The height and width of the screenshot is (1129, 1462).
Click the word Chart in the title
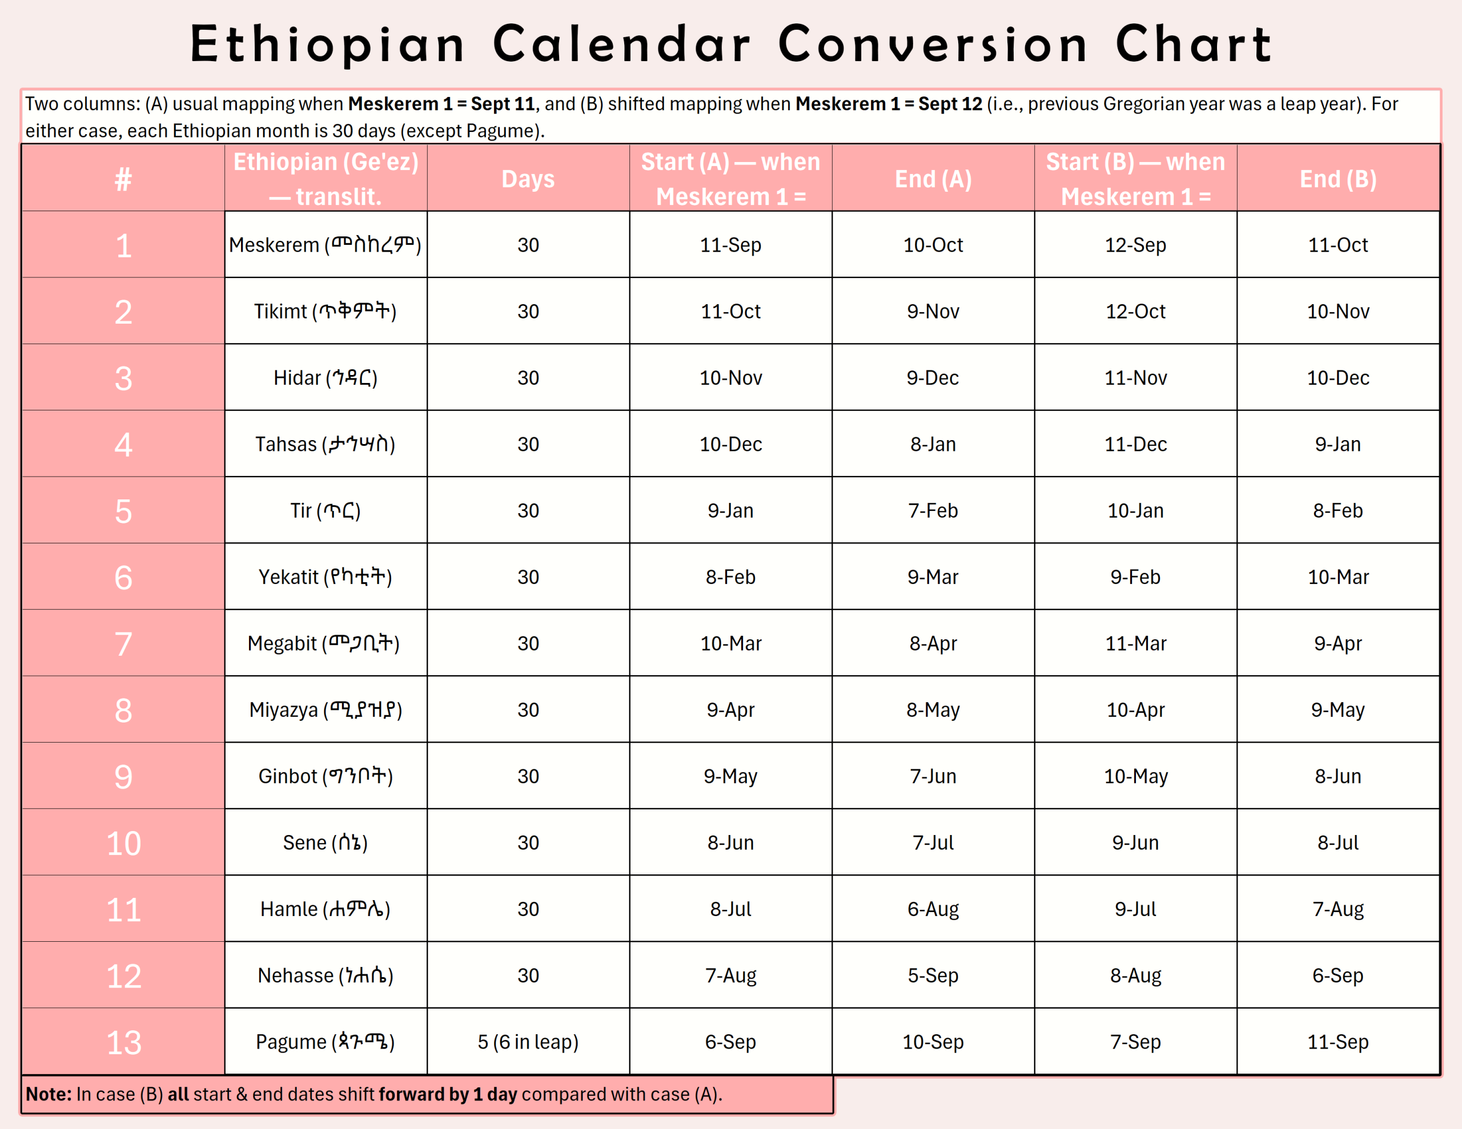[x=1193, y=44]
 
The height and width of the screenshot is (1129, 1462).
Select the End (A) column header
[x=933, y=179]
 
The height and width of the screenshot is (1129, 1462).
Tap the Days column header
[x=528, y=179]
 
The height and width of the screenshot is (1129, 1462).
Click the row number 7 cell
[x=123, y=643]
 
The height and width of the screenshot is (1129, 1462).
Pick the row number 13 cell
[x=123, y=1042]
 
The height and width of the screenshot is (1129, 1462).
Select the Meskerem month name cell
[x=326, y=245]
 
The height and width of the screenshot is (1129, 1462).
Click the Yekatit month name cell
[x=326, y=577]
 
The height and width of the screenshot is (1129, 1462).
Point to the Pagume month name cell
[x=326, y=1042]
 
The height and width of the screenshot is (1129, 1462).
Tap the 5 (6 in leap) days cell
[x=528, y=1042]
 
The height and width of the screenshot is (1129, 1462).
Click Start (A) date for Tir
[x=730, y=511]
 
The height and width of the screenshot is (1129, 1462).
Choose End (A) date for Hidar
[x=933, y=377]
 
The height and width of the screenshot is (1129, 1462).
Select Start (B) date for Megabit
[x=1135, y=643]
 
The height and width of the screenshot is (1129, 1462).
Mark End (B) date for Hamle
[x=1338, y=909]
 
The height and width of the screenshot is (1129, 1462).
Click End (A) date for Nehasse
[x=933, y=975]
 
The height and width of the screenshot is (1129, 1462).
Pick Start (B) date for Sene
[x=1135, y=842]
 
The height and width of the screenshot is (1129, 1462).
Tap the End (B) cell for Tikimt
[x=1338, y=311]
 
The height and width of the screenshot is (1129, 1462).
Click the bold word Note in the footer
[x=48, y=1094]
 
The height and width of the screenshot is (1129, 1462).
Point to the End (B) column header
[x=1338, y=179]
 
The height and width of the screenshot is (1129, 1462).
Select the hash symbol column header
[x=123, y=179]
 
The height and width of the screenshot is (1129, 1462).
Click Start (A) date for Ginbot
[x=730, y=776]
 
